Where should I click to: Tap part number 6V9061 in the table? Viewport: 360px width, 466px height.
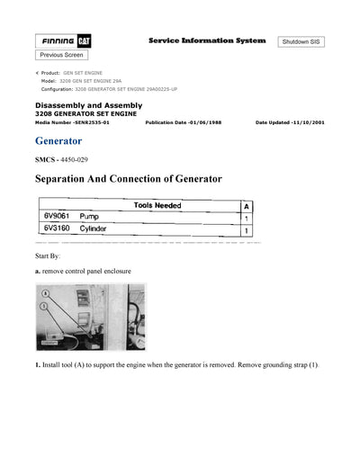click(x=57, y=217)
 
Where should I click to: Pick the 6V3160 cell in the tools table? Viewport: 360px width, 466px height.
click(x=57, y=231)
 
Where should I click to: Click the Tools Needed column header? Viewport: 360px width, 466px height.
click(x=157, y=205)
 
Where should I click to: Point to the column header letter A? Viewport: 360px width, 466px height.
click(x=247, y=205)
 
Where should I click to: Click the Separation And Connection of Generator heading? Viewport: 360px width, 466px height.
click(x=128, y=179)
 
